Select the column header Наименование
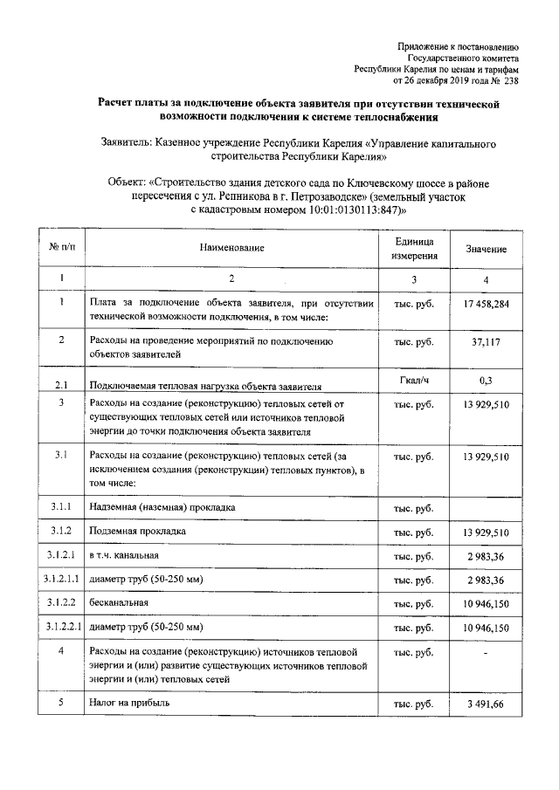[x=231, y=249]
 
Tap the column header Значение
[x=486, y=250]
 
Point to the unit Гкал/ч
[x=413, y=381]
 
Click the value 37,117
[x=486, y=342]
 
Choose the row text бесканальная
[x=117, y=603]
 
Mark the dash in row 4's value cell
[x=486, y=652]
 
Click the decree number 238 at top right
[x=511, y=82]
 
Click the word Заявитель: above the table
[x=125, y=141]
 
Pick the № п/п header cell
[x=61, y=249]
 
